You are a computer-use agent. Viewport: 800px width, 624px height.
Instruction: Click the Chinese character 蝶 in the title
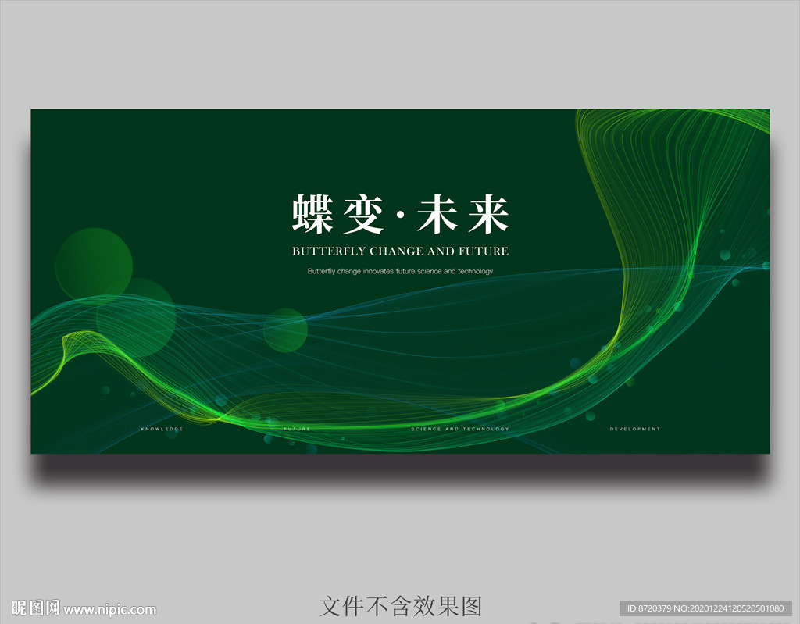(x=313, y=214)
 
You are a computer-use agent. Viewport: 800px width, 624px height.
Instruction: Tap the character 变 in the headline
(x=362, y=214)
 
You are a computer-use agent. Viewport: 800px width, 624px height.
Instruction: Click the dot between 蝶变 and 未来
(x=400, y=215)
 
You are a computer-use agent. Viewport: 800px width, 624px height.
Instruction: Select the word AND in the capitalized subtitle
(x=441, y=251)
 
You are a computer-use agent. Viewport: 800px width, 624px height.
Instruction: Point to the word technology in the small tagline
(x=475, y=272)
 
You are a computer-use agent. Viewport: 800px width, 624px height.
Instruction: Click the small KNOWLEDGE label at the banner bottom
(x=162, y=429)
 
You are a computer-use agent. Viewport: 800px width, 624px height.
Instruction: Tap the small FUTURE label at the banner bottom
(x=297, y=429)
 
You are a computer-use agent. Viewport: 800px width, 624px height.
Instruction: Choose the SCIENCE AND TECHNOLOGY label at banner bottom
(x=460, y=429)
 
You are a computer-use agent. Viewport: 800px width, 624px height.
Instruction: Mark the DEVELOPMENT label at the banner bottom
(x=635, y=429)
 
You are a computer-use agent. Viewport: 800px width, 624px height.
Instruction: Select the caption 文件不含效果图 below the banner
(x=400, y=606)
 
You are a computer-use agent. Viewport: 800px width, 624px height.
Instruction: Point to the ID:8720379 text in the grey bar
(x=646, y=609)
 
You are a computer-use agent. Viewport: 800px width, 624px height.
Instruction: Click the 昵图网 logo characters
(x=36, y=608)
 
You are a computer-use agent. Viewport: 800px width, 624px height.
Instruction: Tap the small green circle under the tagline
(x=285, y=330)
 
